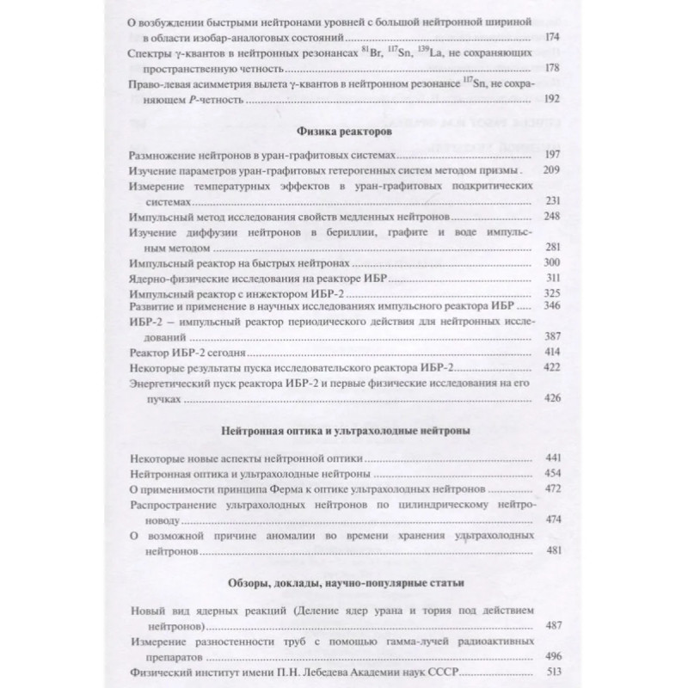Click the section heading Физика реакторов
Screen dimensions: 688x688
click(345, 132)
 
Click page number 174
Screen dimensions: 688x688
click(552, 39)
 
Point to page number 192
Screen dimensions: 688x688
click(552, 101)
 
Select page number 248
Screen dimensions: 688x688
click(552, 216)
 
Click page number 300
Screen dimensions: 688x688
click(552, 262)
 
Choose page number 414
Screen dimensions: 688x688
click(552, 354)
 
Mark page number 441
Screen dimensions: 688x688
click(552, 458)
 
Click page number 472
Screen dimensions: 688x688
click(552, 489)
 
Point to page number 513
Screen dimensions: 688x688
click(552, 673)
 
